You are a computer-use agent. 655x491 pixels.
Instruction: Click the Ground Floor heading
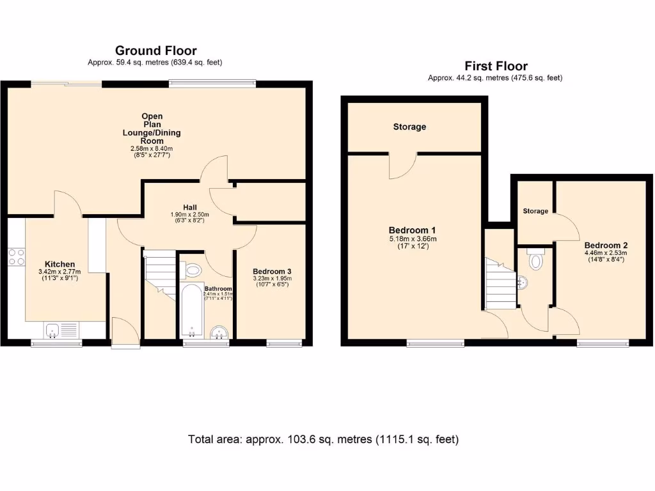(155, 51)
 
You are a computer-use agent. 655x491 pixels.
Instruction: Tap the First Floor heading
(496, 66)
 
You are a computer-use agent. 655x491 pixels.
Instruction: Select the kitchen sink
(53, 330)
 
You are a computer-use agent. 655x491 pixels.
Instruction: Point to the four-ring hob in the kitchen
(17, 256)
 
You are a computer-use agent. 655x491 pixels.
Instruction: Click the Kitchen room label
(59, 264)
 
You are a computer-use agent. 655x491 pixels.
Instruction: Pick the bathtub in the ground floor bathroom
(191, 311)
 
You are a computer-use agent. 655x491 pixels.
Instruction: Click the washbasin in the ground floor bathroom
(219, 331)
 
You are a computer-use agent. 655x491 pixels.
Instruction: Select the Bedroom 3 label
(272, 271)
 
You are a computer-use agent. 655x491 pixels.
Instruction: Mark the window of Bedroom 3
(284, 344)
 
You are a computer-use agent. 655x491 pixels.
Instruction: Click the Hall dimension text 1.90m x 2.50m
(189, 214)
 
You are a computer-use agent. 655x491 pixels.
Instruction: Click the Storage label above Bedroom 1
(409, 127)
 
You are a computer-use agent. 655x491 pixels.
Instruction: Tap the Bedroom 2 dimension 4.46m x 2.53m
(605, 253)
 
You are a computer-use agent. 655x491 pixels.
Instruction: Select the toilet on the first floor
(536, 260)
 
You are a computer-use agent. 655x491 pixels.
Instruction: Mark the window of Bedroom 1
(436, 344)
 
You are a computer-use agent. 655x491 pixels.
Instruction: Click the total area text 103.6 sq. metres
(323, 439)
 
